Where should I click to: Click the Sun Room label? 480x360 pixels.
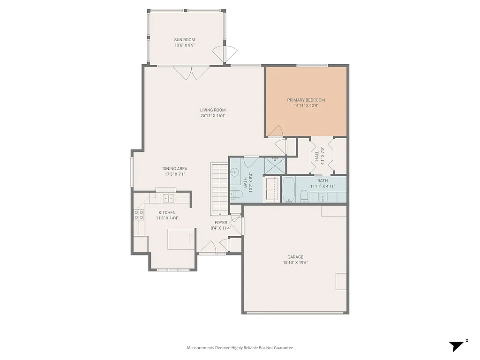[x=185, y=40]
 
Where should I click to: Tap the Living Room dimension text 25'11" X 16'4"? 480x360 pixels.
[x=213, y=115]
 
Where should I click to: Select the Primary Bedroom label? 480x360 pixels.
[x=306, y=100]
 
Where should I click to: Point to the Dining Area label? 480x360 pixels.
[x=175, y=169]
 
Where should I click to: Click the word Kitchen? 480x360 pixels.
[x=167, y=213]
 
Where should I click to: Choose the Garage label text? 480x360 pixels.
[x=295, y=257]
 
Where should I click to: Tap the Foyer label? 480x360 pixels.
[x=221, y=223]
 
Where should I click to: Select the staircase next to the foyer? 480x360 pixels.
[x=218, y=187]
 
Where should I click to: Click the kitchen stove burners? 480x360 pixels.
[x=139, y=215]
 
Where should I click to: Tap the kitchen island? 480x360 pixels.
[x=181, y=239]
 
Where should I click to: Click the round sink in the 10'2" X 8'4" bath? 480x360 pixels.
[x=235, y=172]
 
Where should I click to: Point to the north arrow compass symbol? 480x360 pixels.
[x=456, y=346]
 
